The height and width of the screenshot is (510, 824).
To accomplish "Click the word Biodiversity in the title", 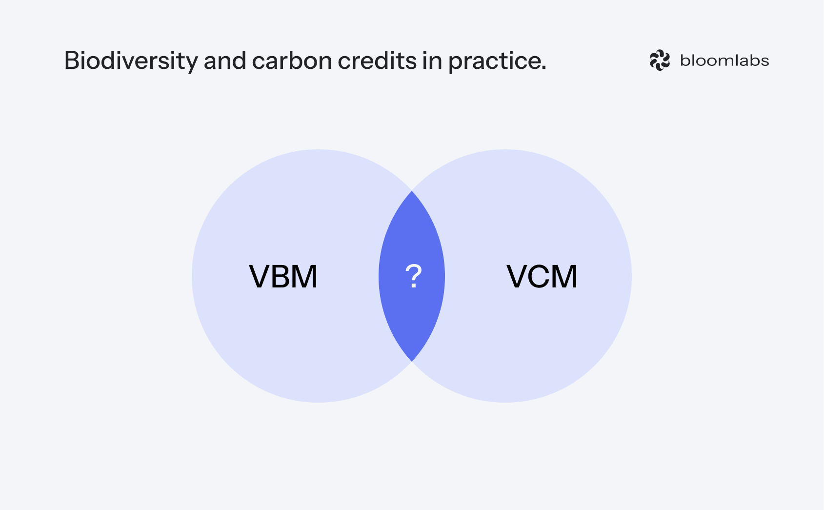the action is point(131,61).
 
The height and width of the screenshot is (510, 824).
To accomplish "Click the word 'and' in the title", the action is point(224,61).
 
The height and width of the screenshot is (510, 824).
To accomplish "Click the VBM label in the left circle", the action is point(283,277).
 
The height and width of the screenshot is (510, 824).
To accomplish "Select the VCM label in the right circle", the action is point(542,277).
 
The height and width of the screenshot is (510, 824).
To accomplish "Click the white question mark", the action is point(413,276).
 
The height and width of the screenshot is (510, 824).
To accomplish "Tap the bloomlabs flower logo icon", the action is point(660,61).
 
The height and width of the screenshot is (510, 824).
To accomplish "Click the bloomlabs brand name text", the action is point(724,61).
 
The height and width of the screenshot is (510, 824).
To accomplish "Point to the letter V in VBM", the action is point(260,277).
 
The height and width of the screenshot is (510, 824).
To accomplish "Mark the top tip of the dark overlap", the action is point(412,192).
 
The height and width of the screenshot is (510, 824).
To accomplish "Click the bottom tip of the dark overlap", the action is point(412,360).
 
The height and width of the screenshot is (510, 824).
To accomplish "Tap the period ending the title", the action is point(543,68).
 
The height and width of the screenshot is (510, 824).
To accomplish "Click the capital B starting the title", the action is point(71,61).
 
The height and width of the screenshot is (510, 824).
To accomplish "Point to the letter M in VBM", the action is point(305,277).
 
